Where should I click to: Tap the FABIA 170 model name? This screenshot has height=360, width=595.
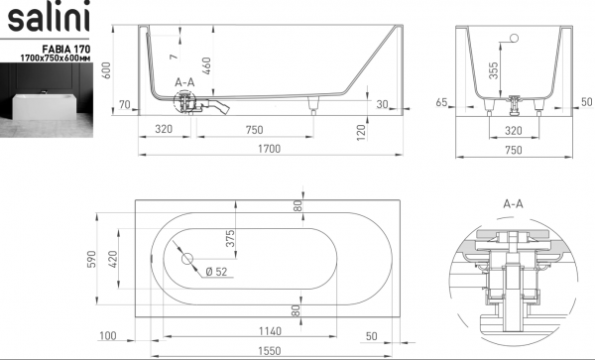66,49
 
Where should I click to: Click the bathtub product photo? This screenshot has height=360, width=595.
47,100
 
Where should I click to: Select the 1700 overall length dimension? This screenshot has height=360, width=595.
270,149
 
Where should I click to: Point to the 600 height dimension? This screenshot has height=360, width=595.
107,70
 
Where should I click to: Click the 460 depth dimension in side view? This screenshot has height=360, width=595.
206,65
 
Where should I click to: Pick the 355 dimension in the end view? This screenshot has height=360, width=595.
493,70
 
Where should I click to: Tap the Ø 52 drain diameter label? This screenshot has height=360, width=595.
216,272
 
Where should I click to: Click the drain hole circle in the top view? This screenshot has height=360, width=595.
187,259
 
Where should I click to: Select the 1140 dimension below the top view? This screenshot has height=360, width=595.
270,331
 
